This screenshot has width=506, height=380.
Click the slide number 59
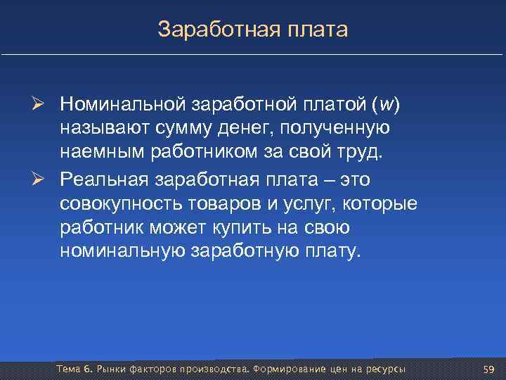click(x=489, y=369)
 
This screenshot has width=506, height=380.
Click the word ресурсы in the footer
click(x=385, y=369)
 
